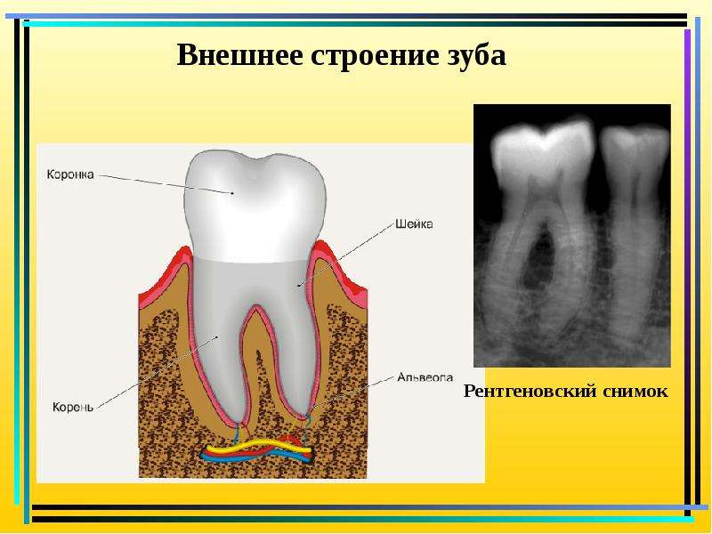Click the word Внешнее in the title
click(x=239, y=55)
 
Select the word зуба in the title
click(x=473, y=56)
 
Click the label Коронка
click(x=70, y=174)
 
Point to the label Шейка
click(x=414, y=224)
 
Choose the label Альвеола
click(x=425, y=376)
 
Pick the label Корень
click(x=73, y=407)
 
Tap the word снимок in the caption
click(x=636, y=392)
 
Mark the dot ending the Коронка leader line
click(x=232, y=193)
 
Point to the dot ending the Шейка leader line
click(x=298, y=285)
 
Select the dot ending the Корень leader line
click(x=217, y=337)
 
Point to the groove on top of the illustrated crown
click(x=256, y=160)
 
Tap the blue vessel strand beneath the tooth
click(x=256, y=457)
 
